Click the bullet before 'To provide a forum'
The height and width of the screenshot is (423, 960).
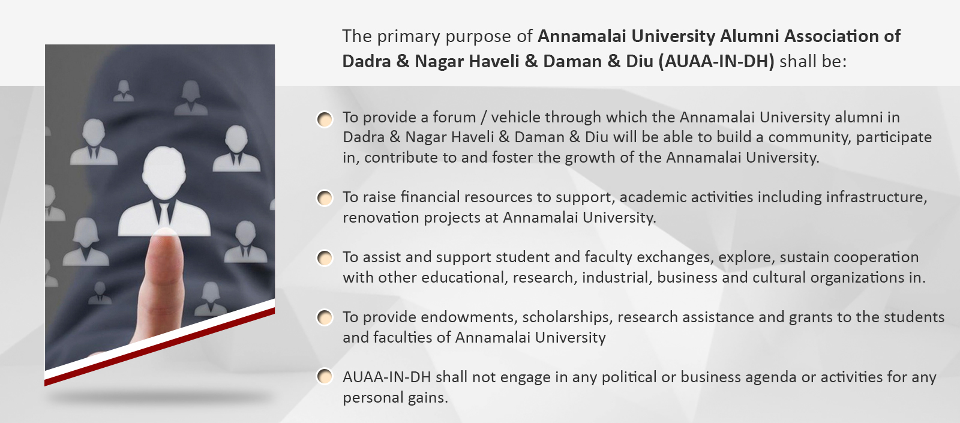pyautogui.click(x=325, y=119)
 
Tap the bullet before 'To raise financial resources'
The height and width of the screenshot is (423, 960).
pyautogui.click(x=325, y=198)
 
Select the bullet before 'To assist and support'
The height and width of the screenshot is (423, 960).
pyautogui.click(x=325, y=258)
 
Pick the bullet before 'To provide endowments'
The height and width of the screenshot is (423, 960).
pyautogui.click(x=325, y=317)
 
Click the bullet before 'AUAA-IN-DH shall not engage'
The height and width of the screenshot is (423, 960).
pyautogui.click(x=325, y=377)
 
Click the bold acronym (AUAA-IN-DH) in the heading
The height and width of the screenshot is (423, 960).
pyautogui.click(x=716, y=61)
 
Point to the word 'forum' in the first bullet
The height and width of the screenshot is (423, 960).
pyautogui.click(x=454, y=117)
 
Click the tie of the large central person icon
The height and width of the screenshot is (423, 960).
pyautogui.click(x=164, y=213)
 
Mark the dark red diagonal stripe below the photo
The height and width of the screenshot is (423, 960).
pyautogui.click(x=160, y=347)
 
